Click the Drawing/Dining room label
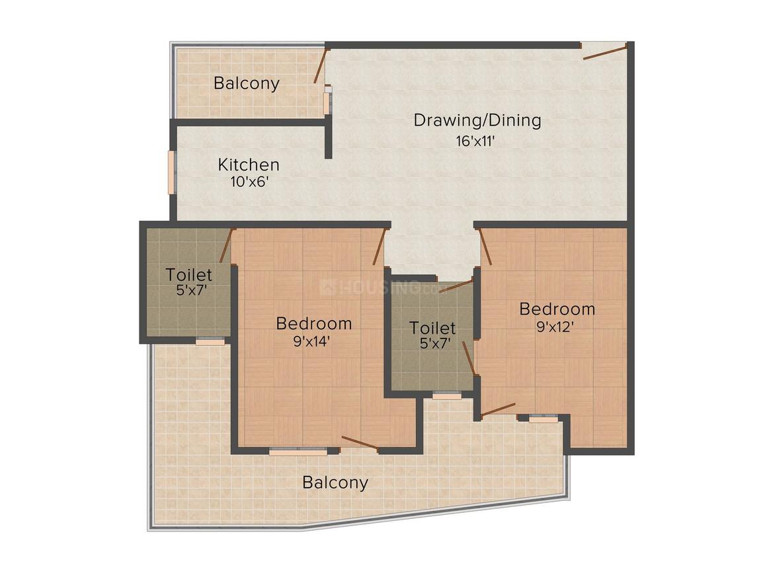pos(477,120)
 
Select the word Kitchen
pos(249,165)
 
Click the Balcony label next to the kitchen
pos(246,83)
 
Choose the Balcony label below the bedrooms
pos(335,482)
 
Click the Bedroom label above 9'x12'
pos(557,309)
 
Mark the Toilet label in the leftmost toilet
pos(188,274)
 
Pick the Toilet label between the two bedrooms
pos(432,328)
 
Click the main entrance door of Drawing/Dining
pos(604,52)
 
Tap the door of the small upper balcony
pos(320,65)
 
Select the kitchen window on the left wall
pos(171,172)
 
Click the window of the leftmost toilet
pos(210,342)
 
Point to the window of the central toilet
pos(446,395)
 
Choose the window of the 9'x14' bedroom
pos(298,452)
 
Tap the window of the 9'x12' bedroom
pos(544,419)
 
